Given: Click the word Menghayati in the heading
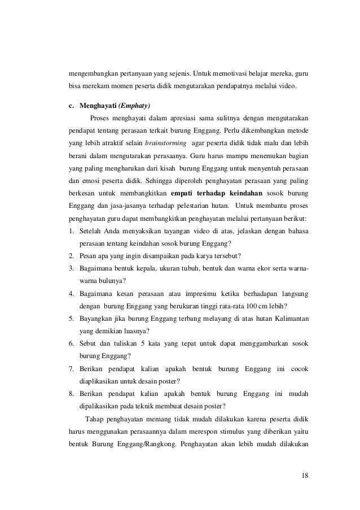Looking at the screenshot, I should (96, 105).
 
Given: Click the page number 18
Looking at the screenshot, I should (305, 473).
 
